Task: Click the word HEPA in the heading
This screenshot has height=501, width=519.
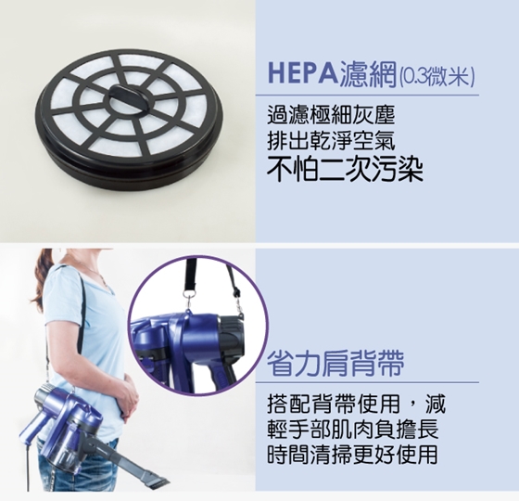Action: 303,73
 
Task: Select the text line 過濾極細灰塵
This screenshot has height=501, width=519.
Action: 332,115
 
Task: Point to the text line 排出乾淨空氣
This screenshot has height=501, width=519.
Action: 332,141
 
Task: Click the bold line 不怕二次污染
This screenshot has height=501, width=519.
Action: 345,170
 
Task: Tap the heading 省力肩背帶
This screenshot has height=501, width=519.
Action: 335,363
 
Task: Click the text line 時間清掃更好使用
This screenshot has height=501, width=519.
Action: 352,455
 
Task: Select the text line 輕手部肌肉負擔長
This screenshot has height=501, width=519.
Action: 352,429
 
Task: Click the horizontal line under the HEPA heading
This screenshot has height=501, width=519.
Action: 367,96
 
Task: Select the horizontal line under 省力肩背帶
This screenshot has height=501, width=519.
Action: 367,382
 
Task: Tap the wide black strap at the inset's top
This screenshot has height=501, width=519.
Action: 191,272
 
